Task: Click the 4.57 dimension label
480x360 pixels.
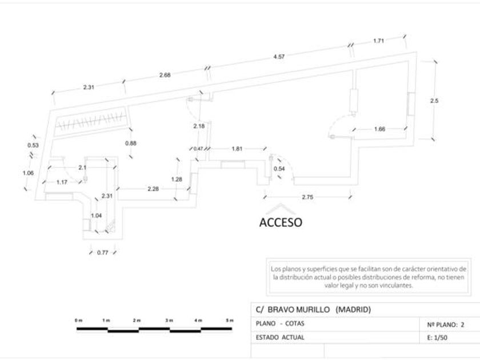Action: (279, 57)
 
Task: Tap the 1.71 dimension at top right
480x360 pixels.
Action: (378, 41)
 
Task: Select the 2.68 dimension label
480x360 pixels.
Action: (165, 75)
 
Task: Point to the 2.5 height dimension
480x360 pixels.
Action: (434, 101)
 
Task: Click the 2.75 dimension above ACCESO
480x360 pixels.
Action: (307, 197)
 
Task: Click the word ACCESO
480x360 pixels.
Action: (281, 222)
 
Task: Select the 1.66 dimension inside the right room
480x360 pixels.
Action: (379, 129)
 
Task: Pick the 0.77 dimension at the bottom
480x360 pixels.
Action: (102, 252)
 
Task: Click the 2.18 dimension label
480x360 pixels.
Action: (199, 126)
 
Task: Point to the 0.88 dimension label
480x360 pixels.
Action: (130, 143)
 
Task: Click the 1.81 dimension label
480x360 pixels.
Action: (237, 149)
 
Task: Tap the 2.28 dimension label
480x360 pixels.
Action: (153, 189)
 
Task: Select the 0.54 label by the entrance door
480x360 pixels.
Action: (279, 169)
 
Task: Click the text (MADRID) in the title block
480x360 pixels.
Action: (353, 310)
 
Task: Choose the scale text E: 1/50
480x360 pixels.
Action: (441, 337)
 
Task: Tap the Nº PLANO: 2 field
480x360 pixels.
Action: (446, 324)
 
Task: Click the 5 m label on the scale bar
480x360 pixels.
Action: (230, 321)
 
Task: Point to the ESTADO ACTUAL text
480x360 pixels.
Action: (280, 337)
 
